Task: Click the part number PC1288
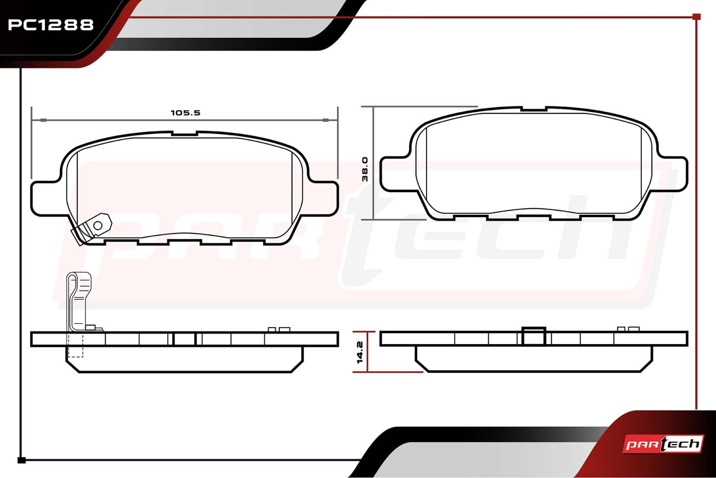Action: coord(51,25)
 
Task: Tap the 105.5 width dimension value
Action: coord(185,113)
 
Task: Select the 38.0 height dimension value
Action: coord(365,169)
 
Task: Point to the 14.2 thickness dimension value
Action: coord(360,352)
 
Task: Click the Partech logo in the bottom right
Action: coord(663,444)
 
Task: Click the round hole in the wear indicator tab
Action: coord(98,225)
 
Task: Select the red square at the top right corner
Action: coord(697,17)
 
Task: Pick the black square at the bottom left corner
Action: coord(21,461)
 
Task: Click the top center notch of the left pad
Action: coord(184,133)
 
